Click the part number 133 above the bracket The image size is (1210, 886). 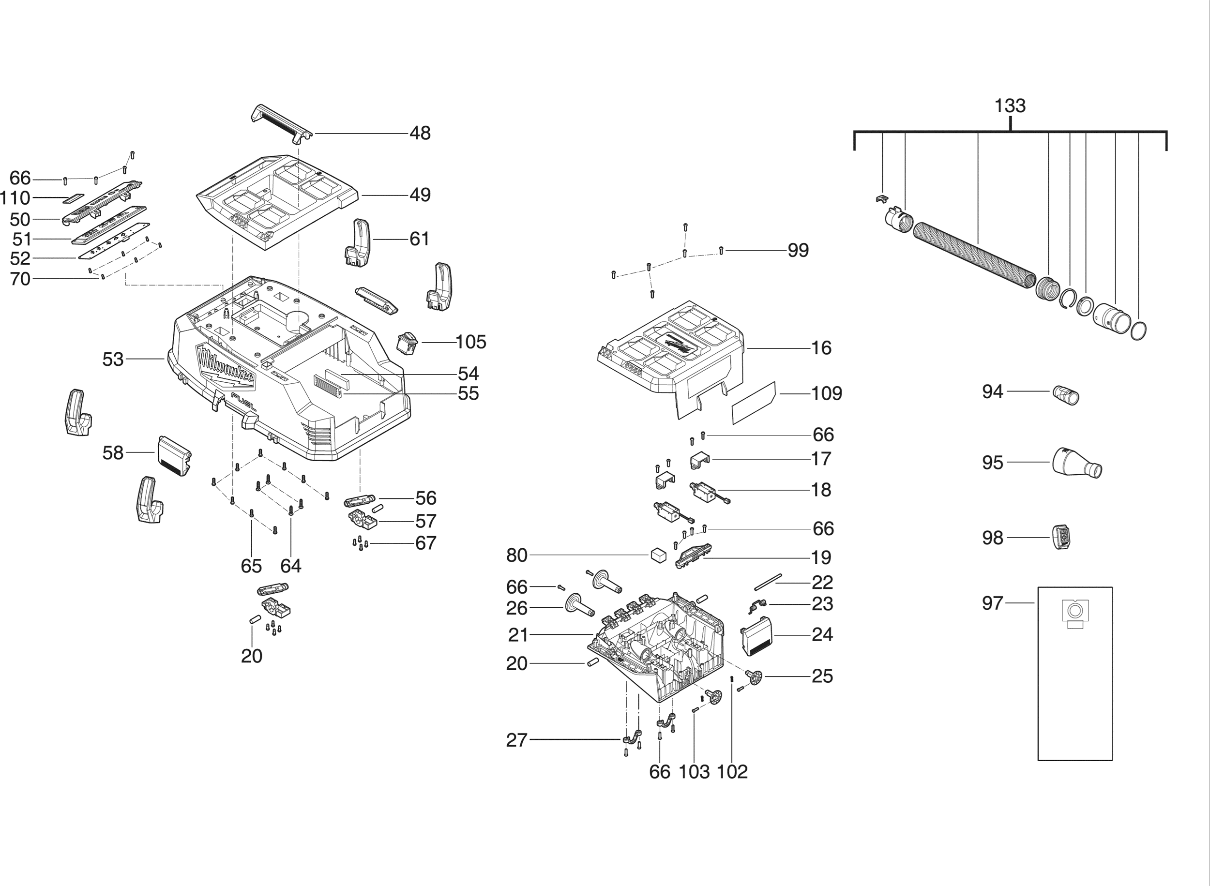(x=1010, y=105)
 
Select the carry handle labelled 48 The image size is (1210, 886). (x=281, y=124)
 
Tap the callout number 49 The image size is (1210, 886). (x=420, y=195)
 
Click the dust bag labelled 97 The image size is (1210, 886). (x=1075, y=674)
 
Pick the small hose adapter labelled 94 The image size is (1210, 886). (x=1065, y=395)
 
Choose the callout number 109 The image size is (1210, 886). (x=827, y=394)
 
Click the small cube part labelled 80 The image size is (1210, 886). (x=658, y=555)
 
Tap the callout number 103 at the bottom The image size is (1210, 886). (x=694, y=772)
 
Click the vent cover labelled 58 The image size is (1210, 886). (x=175, y=456)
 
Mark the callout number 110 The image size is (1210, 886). (x=15, y=198)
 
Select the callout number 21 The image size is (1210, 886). (x=518, y=635)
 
